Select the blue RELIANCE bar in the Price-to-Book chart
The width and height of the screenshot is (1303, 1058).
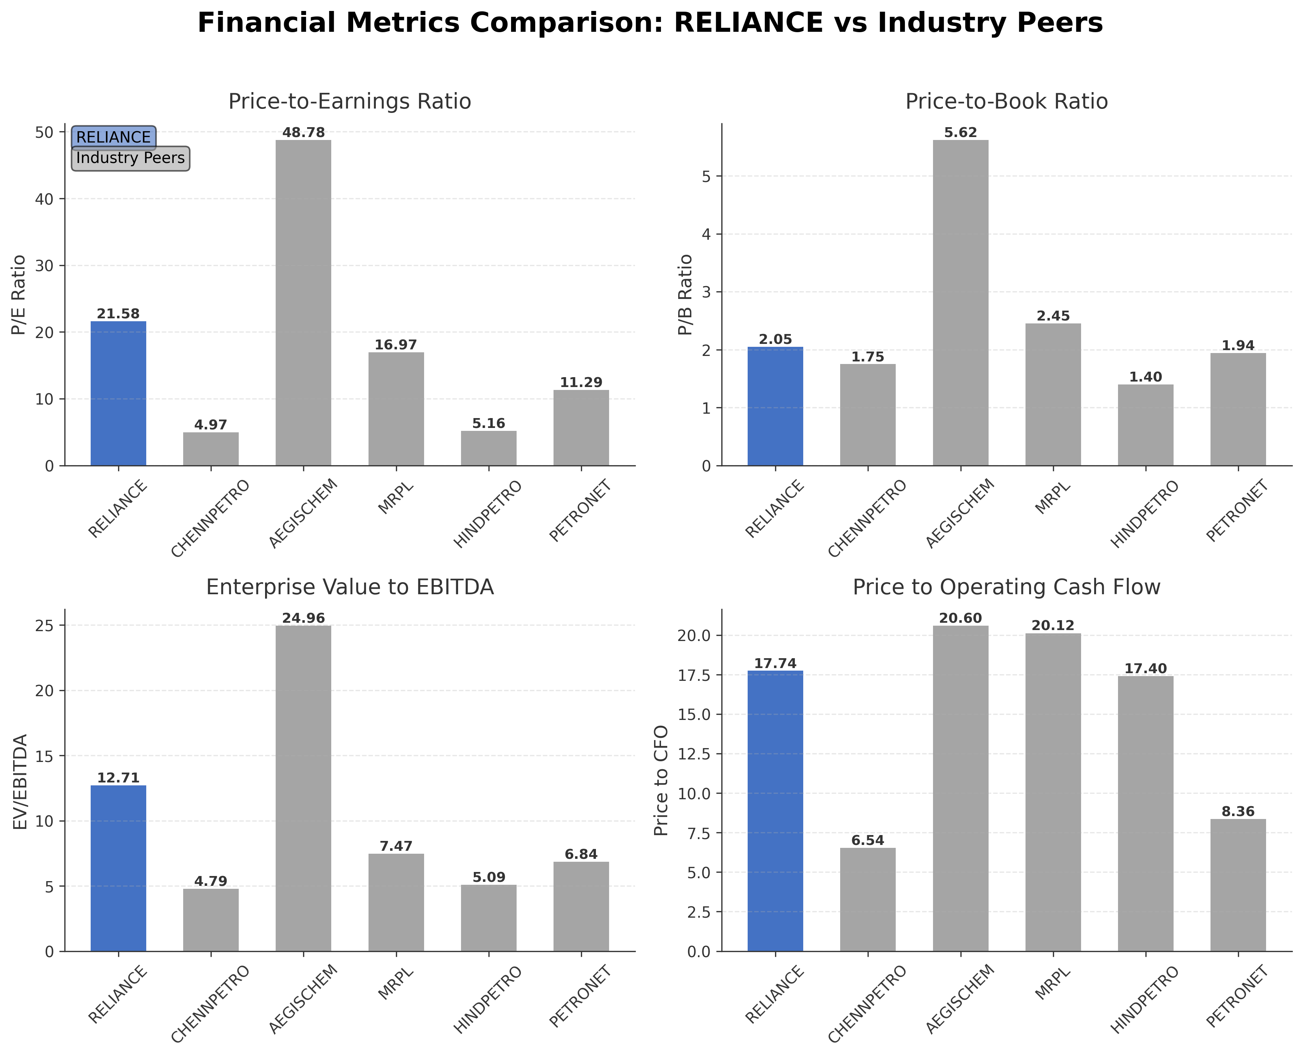(775, 406)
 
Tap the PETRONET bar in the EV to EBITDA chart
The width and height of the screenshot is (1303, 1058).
(581, 906)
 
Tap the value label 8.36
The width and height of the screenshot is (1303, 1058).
(1238, 812)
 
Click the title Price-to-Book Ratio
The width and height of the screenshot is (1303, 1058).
(1006, 101)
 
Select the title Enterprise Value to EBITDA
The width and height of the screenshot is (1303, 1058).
(350, 587)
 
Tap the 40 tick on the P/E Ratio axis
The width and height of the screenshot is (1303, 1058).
(46, 199)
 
